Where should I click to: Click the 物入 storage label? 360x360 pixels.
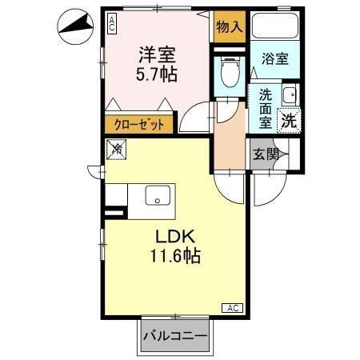pos(230,27)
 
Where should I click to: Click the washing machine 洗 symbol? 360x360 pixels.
pos(288,121)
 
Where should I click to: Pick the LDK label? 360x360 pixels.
pos(170,238)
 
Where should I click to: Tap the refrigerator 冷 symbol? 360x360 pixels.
pos(117,148)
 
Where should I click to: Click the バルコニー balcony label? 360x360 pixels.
pos(175,336)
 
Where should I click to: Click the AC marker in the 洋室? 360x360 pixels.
pos(111,23)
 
